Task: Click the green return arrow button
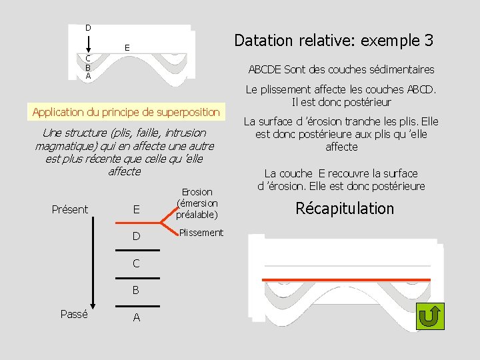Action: pos(430,315)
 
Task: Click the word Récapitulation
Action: pos(345,209)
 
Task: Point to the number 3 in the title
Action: pos(427,41)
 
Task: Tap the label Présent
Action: pos(70,209)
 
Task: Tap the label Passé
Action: pos(74,314)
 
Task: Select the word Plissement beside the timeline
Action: pos(201,233)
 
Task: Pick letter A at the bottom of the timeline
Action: pos(136,318)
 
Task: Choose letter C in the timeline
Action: pos(136,263)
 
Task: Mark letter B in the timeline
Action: pos(136,291)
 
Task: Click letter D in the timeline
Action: pos(136,236)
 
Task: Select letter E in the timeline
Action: pos(136,209)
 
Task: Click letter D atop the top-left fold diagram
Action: pos(88,27)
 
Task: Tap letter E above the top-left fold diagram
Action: pos(126,47)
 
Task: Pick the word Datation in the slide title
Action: pos(263,41)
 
